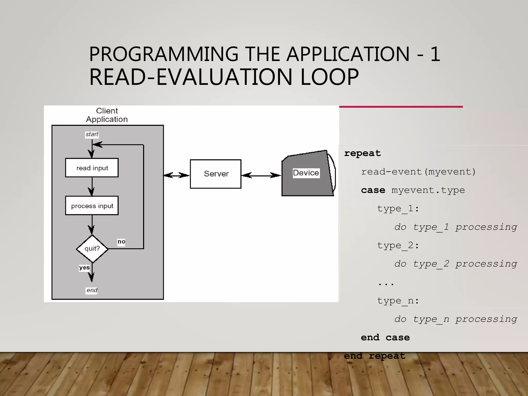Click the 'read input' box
coord(92,168)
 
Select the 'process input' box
coord(92,206)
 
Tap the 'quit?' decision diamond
coord(92,249)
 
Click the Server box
coord(216,174)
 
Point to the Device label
coord(306,173)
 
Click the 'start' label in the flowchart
coord(92,134)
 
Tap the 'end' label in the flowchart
coord(92,290)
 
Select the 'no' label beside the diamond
coord(121,242)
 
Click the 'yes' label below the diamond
coord(84,268)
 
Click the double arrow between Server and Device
coord(261,176)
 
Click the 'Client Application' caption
coord(107,115)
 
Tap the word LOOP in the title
coord(329,77)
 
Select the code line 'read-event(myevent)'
coord(418,172)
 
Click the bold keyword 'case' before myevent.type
coord(373,190)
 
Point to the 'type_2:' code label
coord(398,245)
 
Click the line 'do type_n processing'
coord(456,319)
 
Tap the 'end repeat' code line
coord(374,356)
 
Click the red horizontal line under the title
coord(401,107)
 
